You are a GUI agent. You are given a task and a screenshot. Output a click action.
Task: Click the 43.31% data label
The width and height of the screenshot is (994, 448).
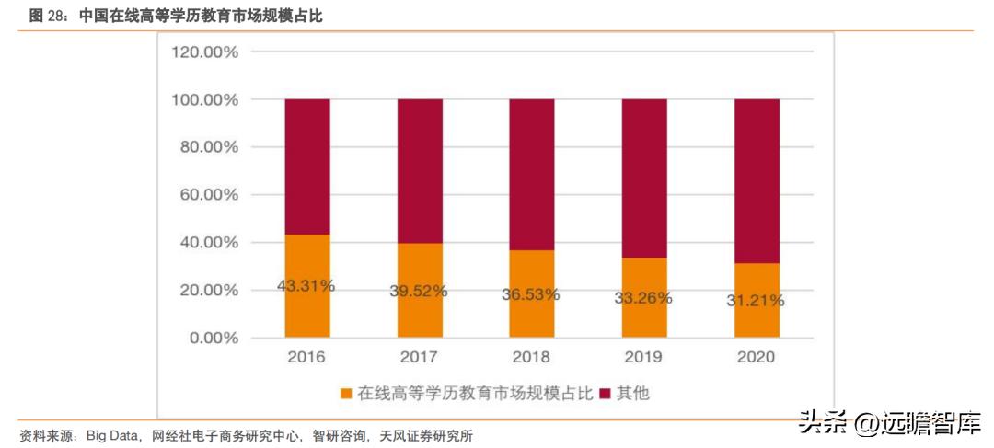pyautogui.click(x=306, y=286)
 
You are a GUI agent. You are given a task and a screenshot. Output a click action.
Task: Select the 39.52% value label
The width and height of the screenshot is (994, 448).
pyautogui.click(x=418, y=291)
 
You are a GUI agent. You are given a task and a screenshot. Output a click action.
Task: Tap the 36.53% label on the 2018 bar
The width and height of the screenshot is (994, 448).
pyautogui.click(x=531, y=294)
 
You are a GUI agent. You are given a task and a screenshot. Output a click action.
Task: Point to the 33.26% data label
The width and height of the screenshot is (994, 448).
pyautogui.click(x=643, y=298)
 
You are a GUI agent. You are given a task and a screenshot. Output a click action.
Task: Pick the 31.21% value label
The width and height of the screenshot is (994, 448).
pyautogui.click(x=756, y=301)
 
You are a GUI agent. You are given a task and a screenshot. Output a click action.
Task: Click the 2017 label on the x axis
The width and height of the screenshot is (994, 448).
pyautogui.click(x=420, y=357)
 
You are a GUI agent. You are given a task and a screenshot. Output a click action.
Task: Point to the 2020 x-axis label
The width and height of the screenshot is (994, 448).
pyautogui.click(x=757, y=357)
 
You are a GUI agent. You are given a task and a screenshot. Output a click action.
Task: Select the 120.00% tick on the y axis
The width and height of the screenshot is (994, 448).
pyautogui.click(x=204, y=52)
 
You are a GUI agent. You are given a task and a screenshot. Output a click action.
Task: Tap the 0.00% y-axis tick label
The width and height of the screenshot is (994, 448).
pyautogui.click(x=212, y=338)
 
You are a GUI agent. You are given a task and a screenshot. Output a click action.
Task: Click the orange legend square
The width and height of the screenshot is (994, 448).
pyautogui.click(x=346, y=394)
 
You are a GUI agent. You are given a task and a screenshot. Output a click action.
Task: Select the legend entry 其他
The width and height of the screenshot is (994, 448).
pyautogui.click(x=632, y=393)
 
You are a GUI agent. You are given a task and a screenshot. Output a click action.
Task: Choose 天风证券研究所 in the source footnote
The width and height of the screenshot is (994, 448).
pyautogui.click(x=429, y=435)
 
